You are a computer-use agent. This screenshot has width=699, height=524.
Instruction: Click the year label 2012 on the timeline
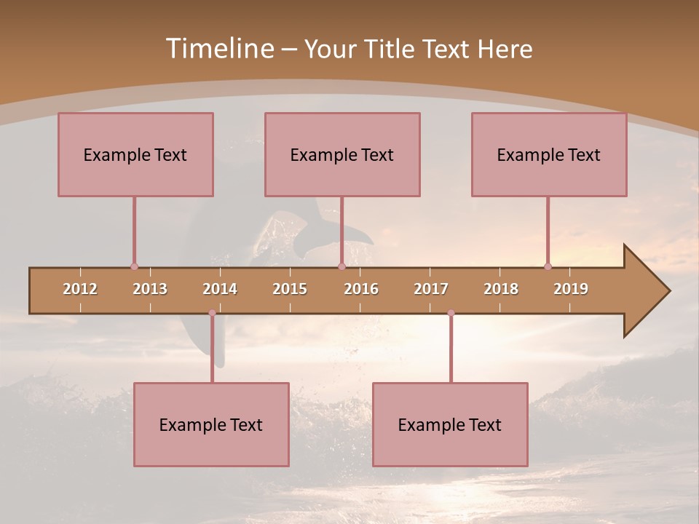tap(80, 289)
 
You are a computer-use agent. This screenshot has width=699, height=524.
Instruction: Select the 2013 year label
tap(150, 289)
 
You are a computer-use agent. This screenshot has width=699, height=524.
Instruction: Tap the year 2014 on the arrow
tap(220, 289)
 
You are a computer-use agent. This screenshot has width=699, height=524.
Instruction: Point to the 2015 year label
tap(290, 289)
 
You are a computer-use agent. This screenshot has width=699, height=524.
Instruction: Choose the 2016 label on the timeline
tap(361, 289)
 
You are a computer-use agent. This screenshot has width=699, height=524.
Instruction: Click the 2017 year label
tap(431, 289)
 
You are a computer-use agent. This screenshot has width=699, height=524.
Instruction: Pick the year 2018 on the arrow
tap(501, 289)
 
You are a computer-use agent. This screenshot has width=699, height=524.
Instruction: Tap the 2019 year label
tap(571, 289)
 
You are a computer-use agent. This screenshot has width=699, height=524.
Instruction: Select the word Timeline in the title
tap(218, 49)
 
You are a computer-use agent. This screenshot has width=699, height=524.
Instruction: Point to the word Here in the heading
tap(505, 49)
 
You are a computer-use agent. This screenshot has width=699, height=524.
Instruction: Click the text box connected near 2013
tap(135, 154)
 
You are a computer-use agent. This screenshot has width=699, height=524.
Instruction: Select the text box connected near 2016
tap(342, 154)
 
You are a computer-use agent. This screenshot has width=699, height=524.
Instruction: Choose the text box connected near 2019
tap(549, 154)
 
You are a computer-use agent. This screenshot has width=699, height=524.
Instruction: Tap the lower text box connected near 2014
tap(211, 424)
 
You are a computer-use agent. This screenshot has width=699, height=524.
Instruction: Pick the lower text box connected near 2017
tap(450, 424)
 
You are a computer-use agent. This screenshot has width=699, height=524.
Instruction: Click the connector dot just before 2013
tap(134, 266)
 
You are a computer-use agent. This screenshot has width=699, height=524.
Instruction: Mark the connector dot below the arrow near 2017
tap(451, 313)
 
